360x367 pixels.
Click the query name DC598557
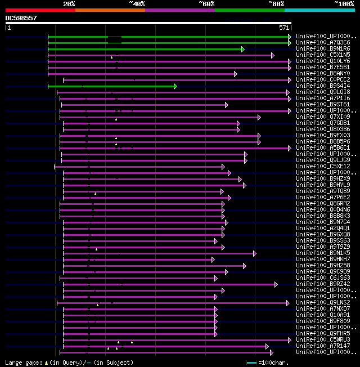21,18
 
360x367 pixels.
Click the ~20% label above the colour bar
69,4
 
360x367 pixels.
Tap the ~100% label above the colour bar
344,4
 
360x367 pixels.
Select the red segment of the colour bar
40,10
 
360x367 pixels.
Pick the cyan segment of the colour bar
319,10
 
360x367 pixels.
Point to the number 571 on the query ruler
284,28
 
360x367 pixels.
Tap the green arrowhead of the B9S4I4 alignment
175,86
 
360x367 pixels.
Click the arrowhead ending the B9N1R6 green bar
243,49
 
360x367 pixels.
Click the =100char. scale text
276,362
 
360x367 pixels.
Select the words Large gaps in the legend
22,362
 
